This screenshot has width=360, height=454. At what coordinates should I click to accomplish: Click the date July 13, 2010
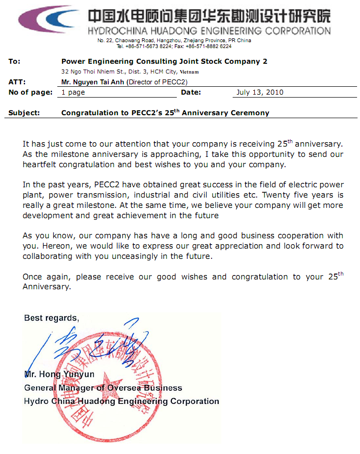coord(260,92)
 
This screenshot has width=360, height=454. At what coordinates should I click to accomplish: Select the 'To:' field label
coord(15,61)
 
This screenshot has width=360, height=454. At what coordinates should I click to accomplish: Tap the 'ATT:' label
coord(17,82)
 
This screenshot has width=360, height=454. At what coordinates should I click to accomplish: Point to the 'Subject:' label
coord(24,113)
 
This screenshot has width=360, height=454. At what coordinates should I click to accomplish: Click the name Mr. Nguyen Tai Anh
coord(93,82)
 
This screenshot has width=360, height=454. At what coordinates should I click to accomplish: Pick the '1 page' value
coord(73,92)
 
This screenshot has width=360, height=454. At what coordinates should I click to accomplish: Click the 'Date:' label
coord(191,92)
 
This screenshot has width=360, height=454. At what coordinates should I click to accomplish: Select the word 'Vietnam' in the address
coord(190,72)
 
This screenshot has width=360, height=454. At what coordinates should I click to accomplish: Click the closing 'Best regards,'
coord(51,318)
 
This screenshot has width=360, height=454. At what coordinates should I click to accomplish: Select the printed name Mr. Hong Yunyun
coord(59,375)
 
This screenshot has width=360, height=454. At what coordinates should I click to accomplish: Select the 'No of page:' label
coord(30,92)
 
